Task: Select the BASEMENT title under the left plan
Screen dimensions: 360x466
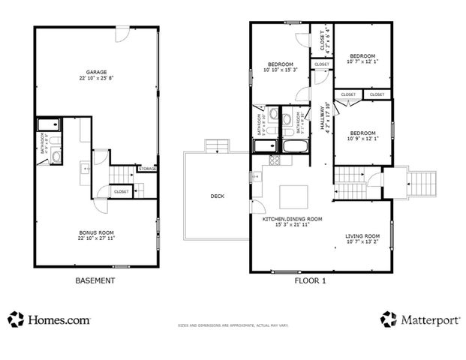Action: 95,280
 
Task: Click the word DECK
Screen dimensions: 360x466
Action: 217,196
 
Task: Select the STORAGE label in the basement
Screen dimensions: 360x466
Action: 147,169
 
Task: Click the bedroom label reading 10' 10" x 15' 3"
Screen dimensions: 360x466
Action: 278,67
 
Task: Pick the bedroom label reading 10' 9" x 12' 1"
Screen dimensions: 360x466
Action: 362,136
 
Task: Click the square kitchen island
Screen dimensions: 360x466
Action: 293,196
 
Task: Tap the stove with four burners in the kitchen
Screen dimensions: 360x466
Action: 275,160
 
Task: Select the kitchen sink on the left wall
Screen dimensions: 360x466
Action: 256,178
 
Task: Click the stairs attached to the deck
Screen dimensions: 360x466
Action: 216,145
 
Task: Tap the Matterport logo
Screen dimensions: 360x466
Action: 420,320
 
